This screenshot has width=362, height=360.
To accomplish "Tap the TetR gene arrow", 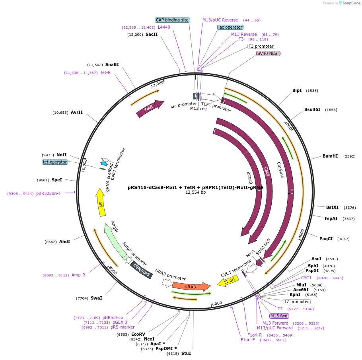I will [x=150, y=109].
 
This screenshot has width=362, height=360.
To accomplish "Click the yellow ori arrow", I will [x=101, y=202].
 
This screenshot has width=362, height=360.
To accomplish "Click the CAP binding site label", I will [x=172, y=20].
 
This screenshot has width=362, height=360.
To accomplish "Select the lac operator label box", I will [x=230, y=27].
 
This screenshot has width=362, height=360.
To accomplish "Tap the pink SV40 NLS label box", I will [x=269, y=53].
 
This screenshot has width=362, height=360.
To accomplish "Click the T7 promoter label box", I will [x=296, y=302].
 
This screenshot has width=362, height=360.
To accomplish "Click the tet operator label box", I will [x=55, y=162].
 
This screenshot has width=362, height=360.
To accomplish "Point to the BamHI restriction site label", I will [x=330, y=156].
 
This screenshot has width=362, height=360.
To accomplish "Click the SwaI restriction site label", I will [x=96, y=298].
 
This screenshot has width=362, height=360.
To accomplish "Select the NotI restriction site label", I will [x=62, y=155].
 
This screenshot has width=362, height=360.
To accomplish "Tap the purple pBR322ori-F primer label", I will [x=49, y=193].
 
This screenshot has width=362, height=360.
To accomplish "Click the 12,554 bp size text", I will [x=195, y=193].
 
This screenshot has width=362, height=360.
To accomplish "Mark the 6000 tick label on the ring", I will [x=217, y=304].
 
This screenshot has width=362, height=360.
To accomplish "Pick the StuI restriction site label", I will [x=186, y=353].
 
